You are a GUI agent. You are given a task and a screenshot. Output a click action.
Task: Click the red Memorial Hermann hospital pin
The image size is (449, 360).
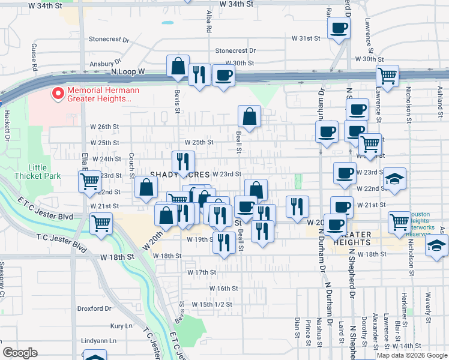point(58,94)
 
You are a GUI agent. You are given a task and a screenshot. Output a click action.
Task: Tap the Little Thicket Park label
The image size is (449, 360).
point(45,172)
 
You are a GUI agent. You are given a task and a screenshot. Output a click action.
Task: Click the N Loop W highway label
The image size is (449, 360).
point(128,71)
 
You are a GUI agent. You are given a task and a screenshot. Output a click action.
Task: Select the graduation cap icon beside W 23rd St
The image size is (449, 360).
point(395,179)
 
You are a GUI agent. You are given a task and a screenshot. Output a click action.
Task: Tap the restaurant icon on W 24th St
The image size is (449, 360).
point(183,161)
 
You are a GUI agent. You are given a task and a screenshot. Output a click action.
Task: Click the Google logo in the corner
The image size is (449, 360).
point(19,353)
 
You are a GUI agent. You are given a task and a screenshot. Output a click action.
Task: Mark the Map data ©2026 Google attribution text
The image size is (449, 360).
point(412,355)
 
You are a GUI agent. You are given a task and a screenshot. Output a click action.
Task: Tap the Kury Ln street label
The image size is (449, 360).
point(121,326)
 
